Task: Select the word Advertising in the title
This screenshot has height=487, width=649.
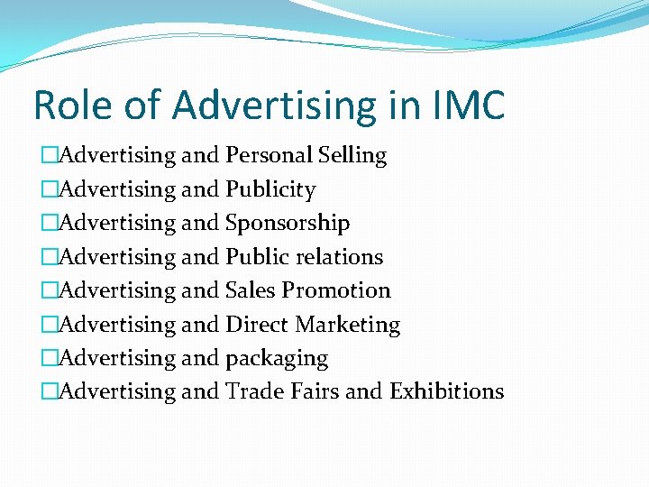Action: (272, 105)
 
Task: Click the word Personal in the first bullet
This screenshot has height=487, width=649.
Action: (269, 155)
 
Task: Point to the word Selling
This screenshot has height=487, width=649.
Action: (352, 155)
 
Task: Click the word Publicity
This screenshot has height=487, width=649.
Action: (270, 189)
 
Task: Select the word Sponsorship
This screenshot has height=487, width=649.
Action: (288, 223)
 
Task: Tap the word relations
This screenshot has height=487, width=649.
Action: (341, 257)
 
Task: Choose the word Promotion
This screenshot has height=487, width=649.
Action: (336, 290)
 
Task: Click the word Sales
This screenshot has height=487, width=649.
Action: (250, 290)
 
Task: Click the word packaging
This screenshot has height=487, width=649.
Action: (277, 358)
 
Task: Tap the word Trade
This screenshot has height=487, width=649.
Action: (252, 391)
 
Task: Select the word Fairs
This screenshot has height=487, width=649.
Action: (312, 391)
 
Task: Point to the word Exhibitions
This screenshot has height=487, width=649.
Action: (446, 391)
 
